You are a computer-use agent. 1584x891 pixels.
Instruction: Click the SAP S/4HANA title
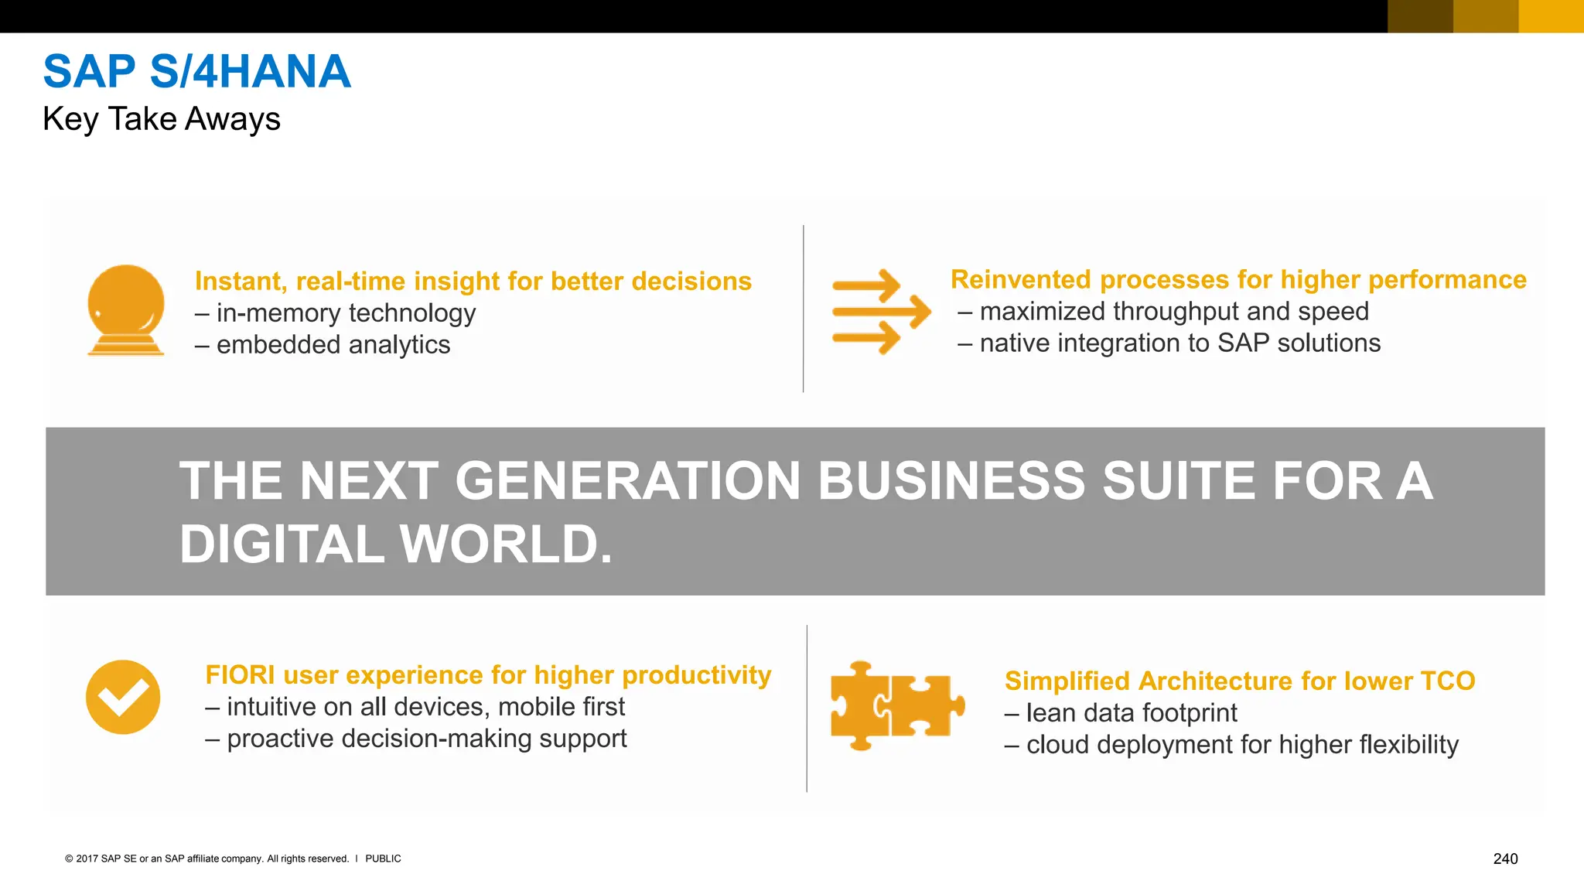(196, 71)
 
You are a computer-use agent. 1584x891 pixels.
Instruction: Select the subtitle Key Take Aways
(161, 119)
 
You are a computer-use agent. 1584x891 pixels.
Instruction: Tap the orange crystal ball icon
(125, 309)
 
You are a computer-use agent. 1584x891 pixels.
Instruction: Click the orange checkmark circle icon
(123, 697)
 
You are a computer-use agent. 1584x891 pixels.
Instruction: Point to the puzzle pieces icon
(896, 705)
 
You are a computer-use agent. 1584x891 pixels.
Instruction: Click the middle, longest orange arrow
(882, 312)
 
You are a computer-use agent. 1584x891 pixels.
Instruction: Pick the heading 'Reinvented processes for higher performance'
(1237, 279)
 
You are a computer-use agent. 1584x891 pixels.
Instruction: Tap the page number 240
(1505, 859)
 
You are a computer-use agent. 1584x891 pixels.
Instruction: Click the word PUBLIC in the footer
(383, 859)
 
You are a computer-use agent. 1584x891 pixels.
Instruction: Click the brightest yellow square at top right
(1551, 16)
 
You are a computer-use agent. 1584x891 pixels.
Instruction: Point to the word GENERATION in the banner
(627, 481)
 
